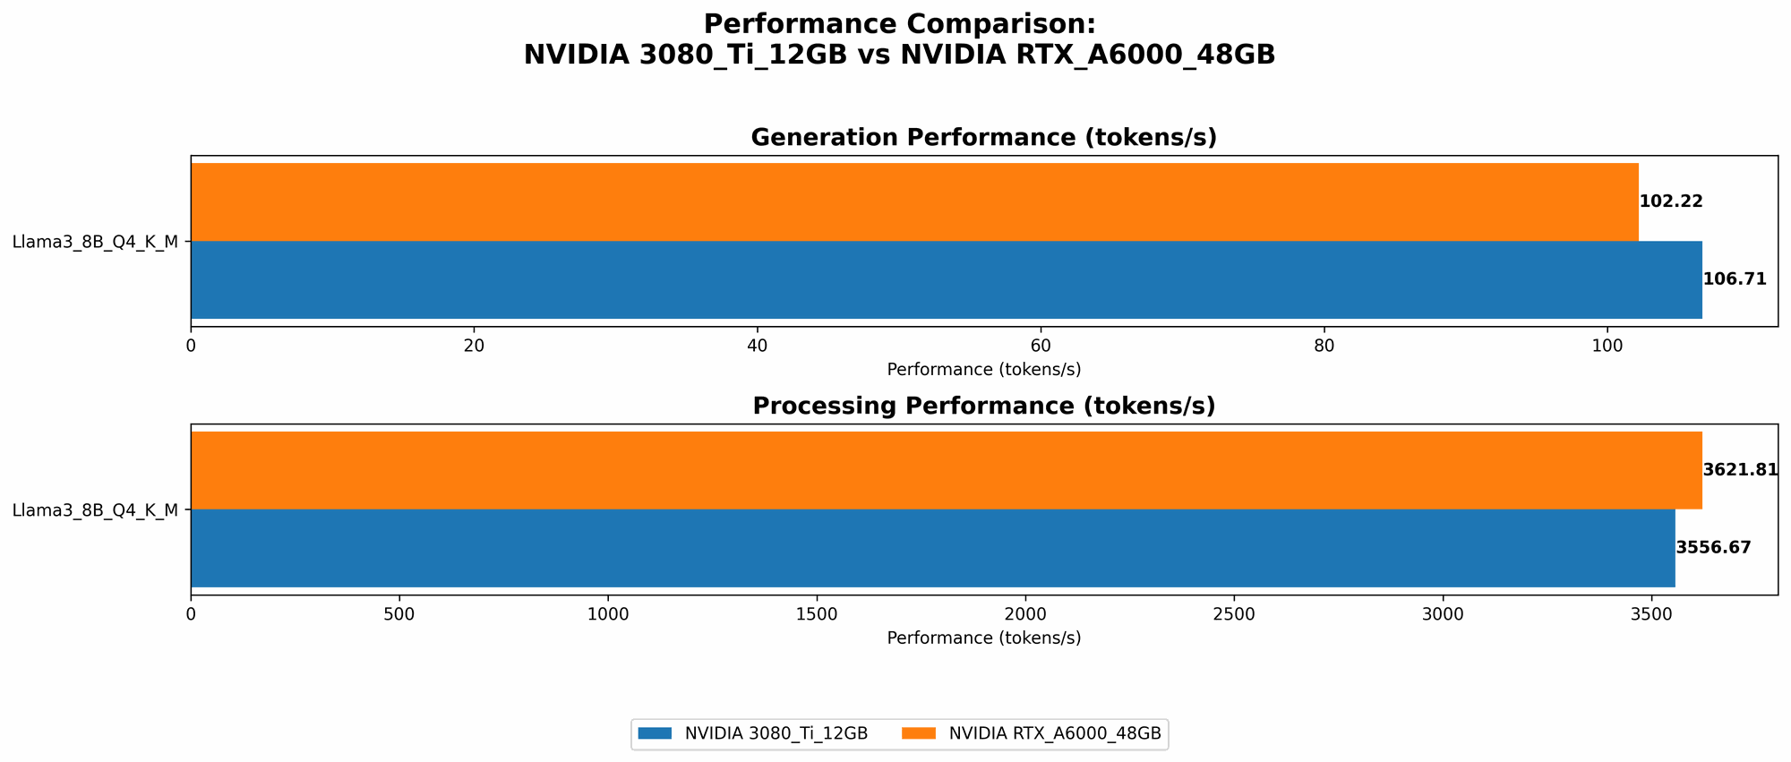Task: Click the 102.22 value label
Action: click(1670, 201)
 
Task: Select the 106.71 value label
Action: click(1734, 279)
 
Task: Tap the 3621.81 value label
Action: click(1739, 470)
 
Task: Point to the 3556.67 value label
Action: click(1713, 548)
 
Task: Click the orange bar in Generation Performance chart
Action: click(913, 201)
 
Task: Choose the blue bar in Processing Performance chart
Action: click(931, 548)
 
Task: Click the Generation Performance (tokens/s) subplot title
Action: click(983, 138)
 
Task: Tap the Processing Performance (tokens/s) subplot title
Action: click(983, 407)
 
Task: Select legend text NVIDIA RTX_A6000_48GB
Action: click(1054, 733)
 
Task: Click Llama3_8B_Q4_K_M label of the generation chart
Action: click(95, 241)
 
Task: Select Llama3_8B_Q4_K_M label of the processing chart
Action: click(95, 510)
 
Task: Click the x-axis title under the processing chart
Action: click(983, 638)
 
